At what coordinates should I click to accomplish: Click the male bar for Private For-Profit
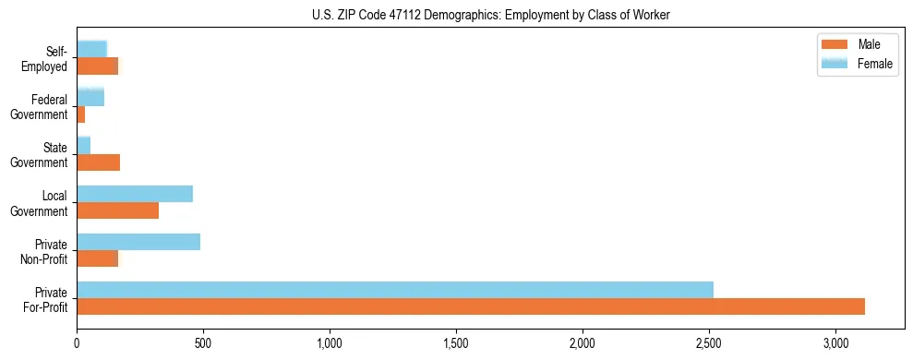point(471,306)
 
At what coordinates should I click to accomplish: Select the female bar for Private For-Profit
point(395,289)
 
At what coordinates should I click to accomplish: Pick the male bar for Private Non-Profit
point(98,258)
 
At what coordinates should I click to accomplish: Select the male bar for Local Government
point(118,210)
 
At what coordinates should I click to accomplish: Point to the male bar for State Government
point(99,162)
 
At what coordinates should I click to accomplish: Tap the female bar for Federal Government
point(90,97)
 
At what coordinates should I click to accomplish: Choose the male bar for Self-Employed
point(98,66)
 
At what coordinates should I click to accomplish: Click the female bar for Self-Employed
point(92,49)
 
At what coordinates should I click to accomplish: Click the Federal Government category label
point(39,107)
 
